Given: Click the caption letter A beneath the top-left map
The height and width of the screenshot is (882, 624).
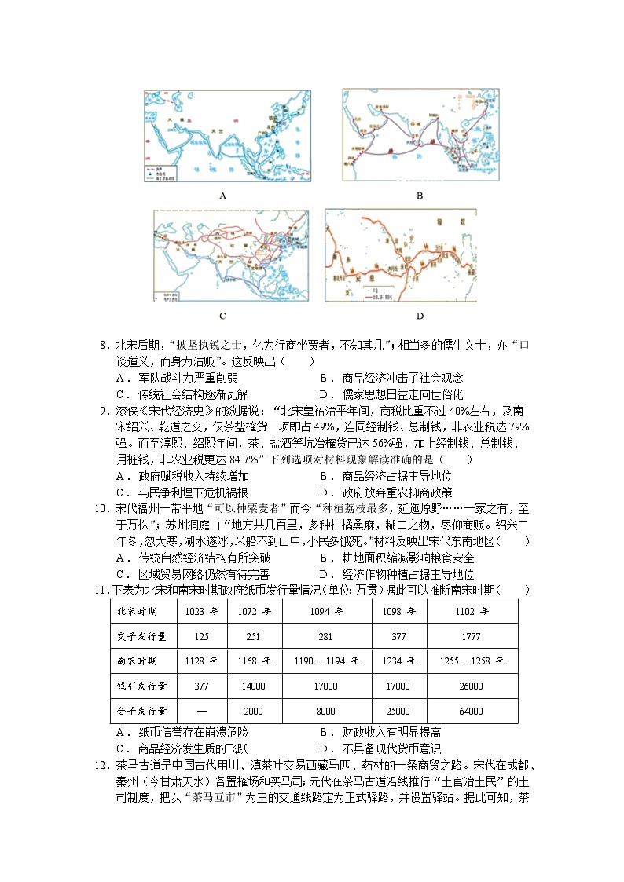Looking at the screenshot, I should tap(222, 196).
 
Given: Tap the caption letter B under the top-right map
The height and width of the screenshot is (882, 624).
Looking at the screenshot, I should tap(420, 196).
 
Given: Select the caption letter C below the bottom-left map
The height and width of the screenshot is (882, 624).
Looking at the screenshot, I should tap(222, 316).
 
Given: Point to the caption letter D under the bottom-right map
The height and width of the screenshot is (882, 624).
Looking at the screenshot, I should tap(420, 316).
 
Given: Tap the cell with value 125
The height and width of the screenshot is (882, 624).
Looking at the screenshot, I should tap(202, 635).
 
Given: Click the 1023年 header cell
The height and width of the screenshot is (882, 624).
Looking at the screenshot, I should tap(202, 610).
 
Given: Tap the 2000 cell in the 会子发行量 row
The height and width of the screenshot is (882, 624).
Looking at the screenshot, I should tap(254, 711).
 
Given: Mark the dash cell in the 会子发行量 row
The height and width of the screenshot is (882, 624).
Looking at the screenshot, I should tap(202, 711).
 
